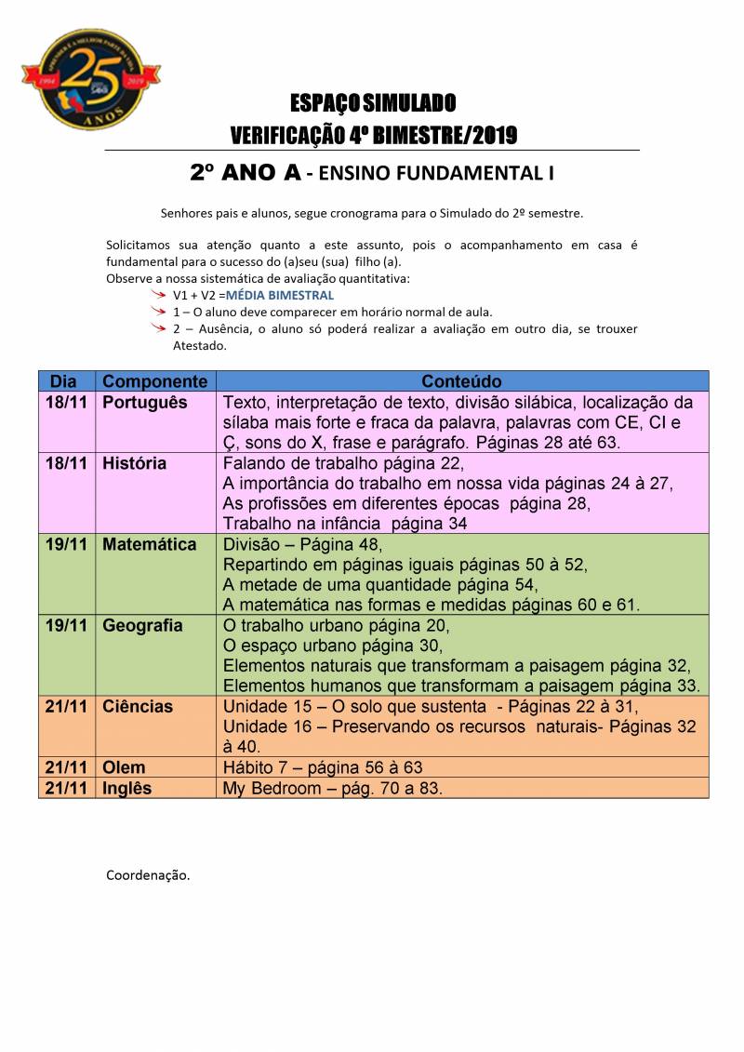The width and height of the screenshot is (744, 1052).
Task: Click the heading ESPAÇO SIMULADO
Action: (372, 101)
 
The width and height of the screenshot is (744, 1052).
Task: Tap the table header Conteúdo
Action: (461, 381)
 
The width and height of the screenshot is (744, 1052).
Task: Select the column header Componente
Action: (154, 381)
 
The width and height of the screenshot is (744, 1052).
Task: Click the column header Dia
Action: (63, 381)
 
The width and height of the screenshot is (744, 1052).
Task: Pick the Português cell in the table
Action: (145, 403)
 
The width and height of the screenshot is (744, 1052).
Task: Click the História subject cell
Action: (135, 463)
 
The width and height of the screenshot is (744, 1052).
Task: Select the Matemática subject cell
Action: (149, 544)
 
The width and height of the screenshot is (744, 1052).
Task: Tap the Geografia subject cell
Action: (142, 625)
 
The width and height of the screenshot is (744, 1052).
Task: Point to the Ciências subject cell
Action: (138, 706)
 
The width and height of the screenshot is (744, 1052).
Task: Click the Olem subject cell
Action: (124, 768)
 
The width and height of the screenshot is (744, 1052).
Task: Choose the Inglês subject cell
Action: (126, 788)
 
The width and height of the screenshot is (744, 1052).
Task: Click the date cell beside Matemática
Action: (66, 544)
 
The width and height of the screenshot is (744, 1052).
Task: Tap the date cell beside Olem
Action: (66, 768)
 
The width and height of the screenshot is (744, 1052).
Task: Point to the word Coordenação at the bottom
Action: (148, 875)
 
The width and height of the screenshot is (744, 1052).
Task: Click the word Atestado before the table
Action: (199, 345)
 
